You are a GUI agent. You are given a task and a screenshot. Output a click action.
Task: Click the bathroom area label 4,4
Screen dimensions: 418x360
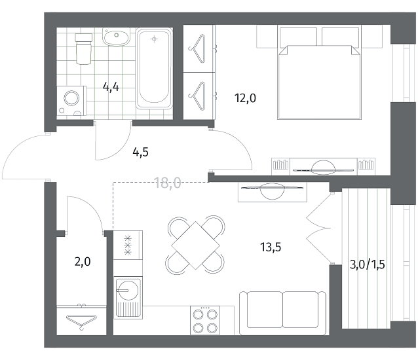coord(111,87)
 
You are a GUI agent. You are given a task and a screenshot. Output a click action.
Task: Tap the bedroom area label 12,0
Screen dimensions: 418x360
coord(245,98)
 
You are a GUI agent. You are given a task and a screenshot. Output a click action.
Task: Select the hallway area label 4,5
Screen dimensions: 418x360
coord(140,153)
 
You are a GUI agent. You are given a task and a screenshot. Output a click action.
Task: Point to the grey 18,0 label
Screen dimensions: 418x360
coord(168,183)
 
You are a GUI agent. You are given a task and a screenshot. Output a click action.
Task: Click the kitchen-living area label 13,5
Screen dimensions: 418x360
coord(271,247)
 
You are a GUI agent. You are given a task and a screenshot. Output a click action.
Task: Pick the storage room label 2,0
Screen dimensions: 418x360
coord(83,262)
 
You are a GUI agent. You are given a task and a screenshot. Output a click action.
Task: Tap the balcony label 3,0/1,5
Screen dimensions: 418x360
coord(367,265)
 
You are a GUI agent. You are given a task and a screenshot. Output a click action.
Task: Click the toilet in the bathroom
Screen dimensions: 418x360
coord(84,48)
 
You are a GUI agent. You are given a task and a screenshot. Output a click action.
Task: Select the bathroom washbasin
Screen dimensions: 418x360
coord(116,37)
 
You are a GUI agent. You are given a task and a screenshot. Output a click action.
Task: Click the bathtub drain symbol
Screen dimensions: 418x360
coord(154,39)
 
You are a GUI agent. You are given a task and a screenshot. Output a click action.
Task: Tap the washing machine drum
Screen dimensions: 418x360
coord(71,98)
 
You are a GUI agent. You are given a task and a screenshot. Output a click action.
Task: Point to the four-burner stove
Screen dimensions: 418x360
coord(205,320)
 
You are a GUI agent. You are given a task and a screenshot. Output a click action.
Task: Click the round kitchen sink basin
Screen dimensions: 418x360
coord(127,290)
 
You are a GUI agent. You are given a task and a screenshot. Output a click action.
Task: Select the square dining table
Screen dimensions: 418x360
coord(195,245)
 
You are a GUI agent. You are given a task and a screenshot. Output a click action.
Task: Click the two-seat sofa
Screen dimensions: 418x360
coord(282,313)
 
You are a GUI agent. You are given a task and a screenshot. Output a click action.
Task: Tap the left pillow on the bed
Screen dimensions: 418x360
coord(298,37)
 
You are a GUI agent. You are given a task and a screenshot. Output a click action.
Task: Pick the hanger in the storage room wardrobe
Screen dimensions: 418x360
coord(82,322)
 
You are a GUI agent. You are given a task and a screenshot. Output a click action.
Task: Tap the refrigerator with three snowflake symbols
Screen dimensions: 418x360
coord(128,245)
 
